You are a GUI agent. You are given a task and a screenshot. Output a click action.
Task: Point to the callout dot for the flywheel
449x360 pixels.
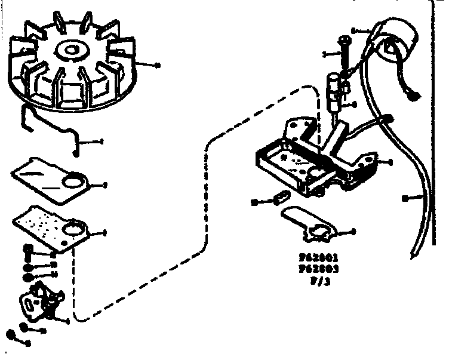tap(156, 64)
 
